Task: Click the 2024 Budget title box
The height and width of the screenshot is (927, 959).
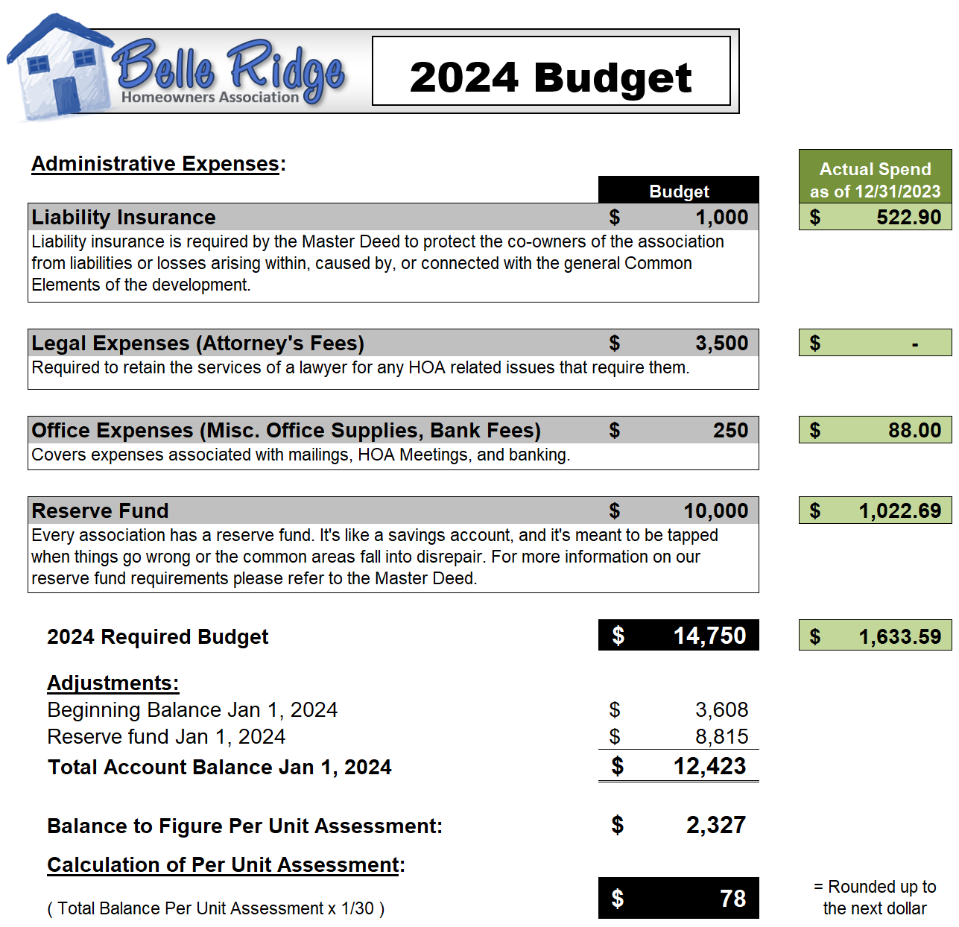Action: point(551,72)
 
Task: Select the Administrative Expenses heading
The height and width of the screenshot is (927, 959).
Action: point(156,164)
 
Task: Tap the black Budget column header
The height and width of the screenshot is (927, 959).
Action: point(678,191)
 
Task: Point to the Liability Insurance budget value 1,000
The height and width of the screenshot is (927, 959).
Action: point(721,218)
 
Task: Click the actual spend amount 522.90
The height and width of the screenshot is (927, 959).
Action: point(908,218)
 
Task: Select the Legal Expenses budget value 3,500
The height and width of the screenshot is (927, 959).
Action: point(721,344)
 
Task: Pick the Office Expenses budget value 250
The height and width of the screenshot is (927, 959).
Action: point(730,431)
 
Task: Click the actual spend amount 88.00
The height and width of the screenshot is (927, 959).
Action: point(914,431)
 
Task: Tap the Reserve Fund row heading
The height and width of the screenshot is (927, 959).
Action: point(101,511)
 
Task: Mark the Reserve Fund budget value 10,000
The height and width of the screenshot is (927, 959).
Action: point(715,511)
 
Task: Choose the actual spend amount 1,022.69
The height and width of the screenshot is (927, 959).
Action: point(899,511)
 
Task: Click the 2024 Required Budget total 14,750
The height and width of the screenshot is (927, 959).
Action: point(709,636)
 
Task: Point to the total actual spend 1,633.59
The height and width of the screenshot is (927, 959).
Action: point(899,637)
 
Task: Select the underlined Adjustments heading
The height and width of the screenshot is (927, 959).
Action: point(113,683)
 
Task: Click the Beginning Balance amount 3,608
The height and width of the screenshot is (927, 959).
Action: point(721,710)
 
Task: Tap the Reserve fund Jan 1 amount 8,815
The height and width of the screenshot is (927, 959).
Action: point(721,737)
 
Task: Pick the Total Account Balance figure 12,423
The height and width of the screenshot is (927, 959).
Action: point(709,767)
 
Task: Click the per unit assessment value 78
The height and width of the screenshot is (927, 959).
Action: point(732,899)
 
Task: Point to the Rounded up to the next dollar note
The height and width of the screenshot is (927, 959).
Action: point(875,897)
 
